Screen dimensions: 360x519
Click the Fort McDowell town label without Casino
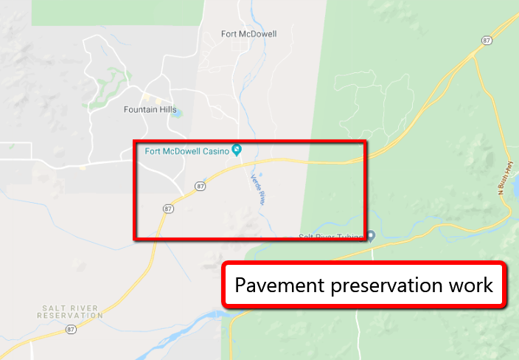point(248,33)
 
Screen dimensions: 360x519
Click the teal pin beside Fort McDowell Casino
point(237,150)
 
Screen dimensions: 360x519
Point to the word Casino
point(213,150)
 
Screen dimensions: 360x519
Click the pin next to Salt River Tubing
point(371,236)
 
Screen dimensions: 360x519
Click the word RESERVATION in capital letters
point(70,315)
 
